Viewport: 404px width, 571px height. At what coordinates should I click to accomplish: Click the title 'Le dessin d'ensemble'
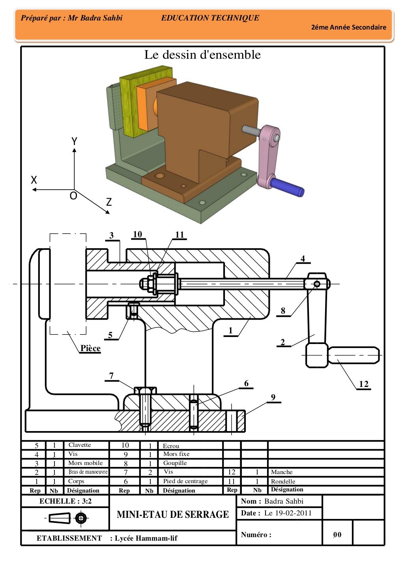202,55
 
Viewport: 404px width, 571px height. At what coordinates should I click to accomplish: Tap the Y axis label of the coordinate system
74,141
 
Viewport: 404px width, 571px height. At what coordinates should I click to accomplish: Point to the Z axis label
109,202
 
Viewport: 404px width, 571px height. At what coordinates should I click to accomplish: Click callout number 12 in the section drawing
363,384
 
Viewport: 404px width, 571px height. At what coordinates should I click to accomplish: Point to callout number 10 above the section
137,234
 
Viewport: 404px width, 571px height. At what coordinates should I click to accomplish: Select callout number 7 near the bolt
112,376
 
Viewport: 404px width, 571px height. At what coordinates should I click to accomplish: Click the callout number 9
273,397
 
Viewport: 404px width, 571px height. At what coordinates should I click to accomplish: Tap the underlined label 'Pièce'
90,348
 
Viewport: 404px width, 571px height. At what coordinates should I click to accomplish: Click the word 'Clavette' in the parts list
80,445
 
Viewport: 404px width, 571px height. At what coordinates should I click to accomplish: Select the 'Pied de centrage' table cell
185,481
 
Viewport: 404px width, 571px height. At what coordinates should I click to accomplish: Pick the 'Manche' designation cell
282,472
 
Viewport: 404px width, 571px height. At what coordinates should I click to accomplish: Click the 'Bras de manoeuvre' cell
88,472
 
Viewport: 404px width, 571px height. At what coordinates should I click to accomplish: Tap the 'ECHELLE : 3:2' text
65,501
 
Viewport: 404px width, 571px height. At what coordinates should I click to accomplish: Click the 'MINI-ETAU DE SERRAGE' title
173,514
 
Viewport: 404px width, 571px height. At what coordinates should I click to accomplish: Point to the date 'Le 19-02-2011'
288,513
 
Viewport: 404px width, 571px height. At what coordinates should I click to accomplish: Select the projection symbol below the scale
65,518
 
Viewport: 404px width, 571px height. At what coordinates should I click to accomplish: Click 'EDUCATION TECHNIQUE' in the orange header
210,18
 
